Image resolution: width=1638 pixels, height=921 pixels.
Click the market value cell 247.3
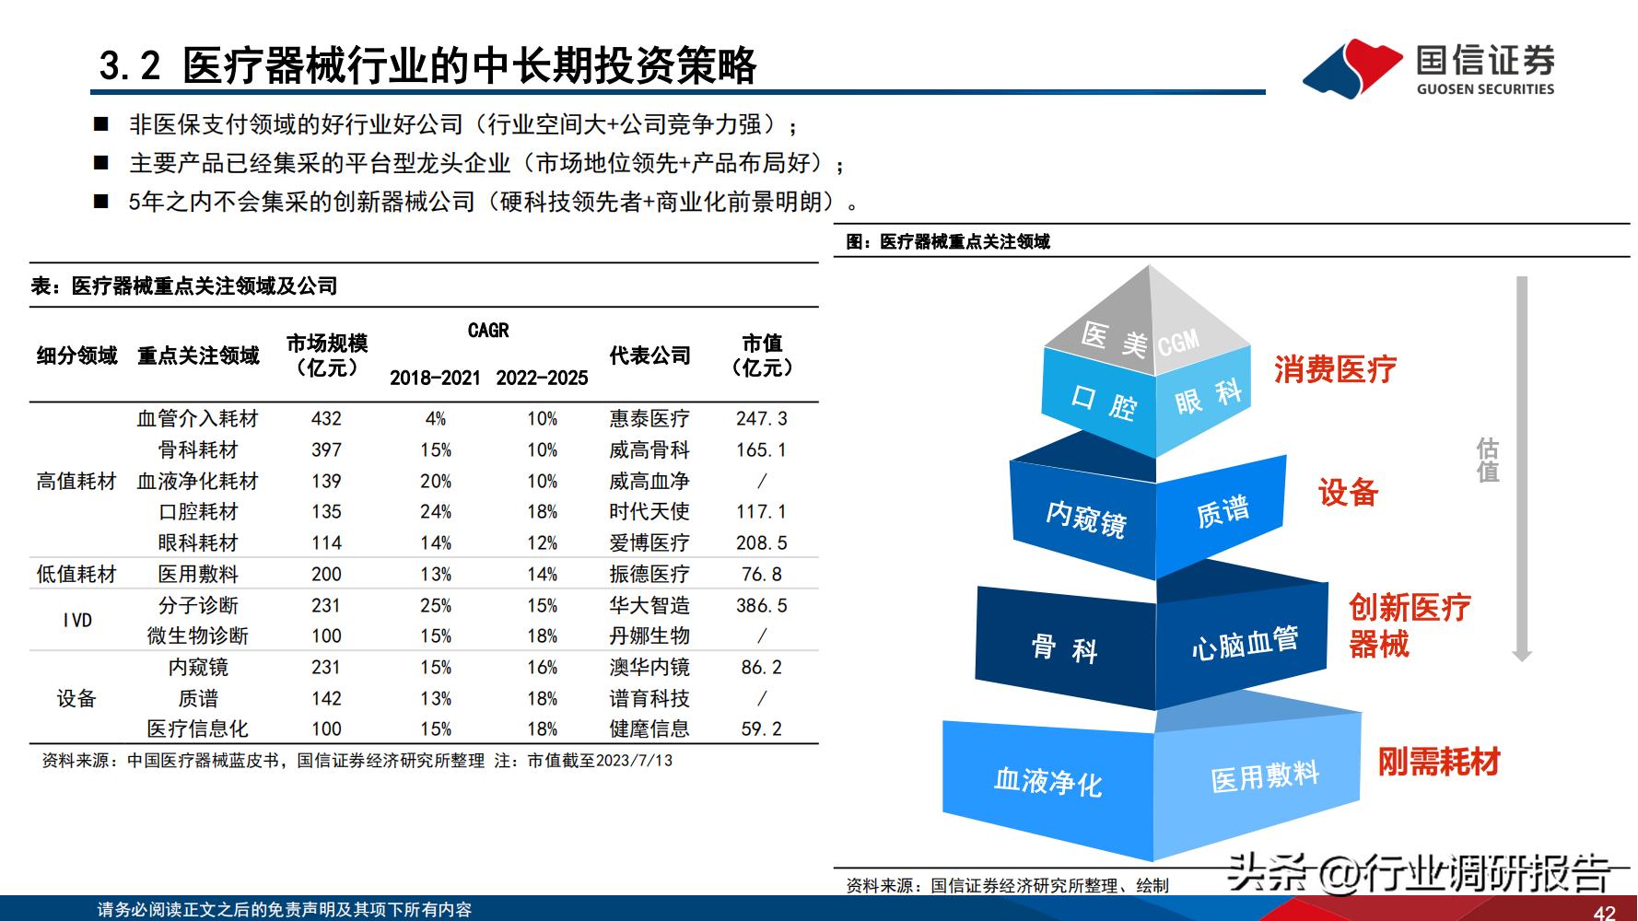[x=761, y=419]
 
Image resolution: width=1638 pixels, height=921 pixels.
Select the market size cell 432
[x=326, y=419]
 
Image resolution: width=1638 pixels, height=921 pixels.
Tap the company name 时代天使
[x=649, y=512]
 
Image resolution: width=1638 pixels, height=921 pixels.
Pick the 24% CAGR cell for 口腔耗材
[x=435, y=512]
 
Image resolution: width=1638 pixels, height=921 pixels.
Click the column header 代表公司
[x=649, y=356]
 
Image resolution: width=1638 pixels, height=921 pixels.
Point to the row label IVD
[x=77, y=621]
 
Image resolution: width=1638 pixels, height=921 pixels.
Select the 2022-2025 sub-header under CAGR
[x=542, y=378]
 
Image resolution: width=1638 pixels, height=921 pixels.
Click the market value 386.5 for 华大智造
[x=761, y=606]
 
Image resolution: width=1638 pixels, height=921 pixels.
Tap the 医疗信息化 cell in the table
[x=197, y=729]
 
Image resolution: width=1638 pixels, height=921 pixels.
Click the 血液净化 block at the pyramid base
[x=1047, y=782]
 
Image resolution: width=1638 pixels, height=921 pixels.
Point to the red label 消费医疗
[x=1334, y=370]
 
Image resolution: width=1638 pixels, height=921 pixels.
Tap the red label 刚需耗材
[x=1438, y=762]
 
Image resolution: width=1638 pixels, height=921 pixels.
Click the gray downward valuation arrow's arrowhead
[x=1522, y=655]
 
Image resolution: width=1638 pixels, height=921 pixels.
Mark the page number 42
[x=1604, y=913]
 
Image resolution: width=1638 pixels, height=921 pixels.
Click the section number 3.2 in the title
[x=130, y=66]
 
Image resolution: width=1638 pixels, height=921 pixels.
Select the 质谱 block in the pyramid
[x=1223, y=511]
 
